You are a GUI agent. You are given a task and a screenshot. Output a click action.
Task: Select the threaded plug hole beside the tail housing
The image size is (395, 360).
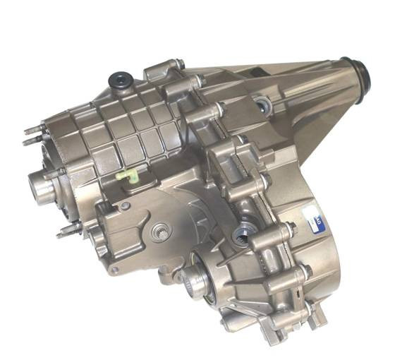point(264,107)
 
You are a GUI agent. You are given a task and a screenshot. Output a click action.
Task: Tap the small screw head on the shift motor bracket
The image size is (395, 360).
point(125,206)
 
